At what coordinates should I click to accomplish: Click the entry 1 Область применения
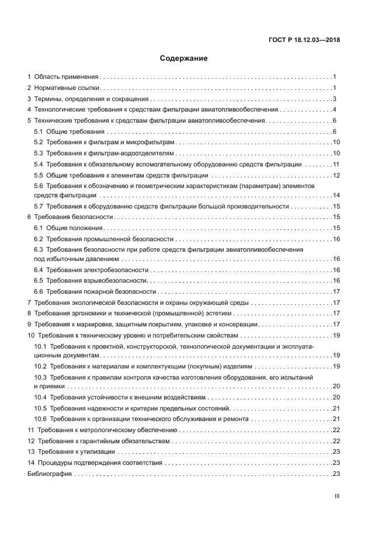point(63,76)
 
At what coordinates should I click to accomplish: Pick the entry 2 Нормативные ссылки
point(64,88)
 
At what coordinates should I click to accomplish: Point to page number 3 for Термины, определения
point(335,99)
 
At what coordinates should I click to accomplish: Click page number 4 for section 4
point(335,110)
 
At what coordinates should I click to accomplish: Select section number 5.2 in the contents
point(39,142)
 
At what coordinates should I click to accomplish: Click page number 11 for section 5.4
point(336,165)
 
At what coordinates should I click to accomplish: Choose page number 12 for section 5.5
point(336,175)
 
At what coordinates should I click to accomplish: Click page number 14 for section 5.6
point(336,195)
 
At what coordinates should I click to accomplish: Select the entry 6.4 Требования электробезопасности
point(91,270)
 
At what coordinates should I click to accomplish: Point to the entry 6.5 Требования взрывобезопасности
point(90,281)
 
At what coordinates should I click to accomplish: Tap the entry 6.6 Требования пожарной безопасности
point(95,291)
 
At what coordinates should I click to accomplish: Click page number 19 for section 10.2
point(336,366)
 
